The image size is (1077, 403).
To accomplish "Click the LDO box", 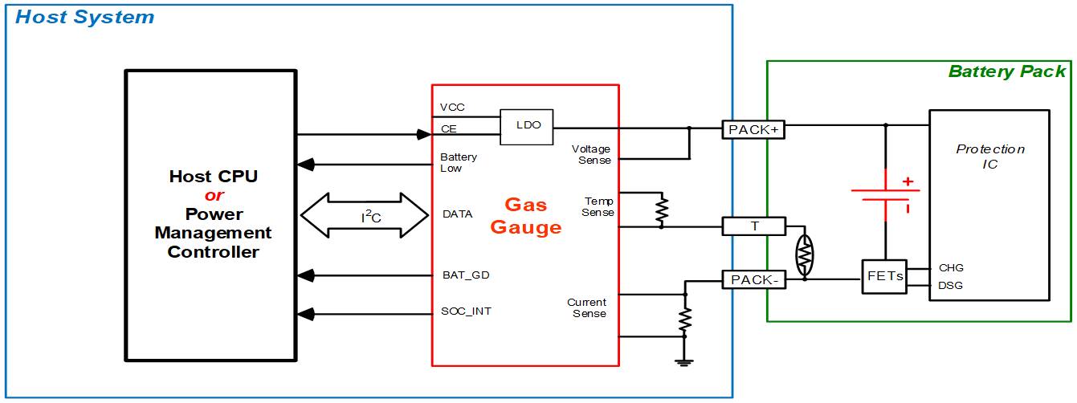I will click(x=527, y=127).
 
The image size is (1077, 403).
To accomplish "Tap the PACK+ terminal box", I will click(x=754, y=129).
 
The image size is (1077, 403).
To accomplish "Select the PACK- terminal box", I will click(x=754, y=279).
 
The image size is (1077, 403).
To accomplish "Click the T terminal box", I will click(x=754, y=226).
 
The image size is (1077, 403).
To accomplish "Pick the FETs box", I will click(x=885, y=276).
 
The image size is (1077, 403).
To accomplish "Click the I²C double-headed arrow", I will click(x=365, y=215).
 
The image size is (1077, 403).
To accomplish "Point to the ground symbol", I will click(x=684, y=364).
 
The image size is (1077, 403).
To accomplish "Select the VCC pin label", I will click(x=452, y=108).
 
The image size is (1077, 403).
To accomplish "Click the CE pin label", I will click(x=449, y=128).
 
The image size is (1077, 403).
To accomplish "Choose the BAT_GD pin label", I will click(x=465, y=275).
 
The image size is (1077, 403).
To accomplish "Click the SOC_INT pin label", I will click(x=466, y=311).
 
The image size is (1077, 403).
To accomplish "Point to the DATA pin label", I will click(x=457, y=214).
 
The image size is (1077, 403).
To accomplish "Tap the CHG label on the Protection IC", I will click(x=951, y=268).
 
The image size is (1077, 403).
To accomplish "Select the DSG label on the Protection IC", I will click(x=951, y=286).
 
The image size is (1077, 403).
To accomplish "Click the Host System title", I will click(x=84, y=17).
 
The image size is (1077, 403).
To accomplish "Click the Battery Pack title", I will click(x=1007, y=71).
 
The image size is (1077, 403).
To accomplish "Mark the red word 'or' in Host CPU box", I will click(x=214, y=196).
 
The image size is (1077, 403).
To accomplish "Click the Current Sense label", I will click(x=587, y=307).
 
